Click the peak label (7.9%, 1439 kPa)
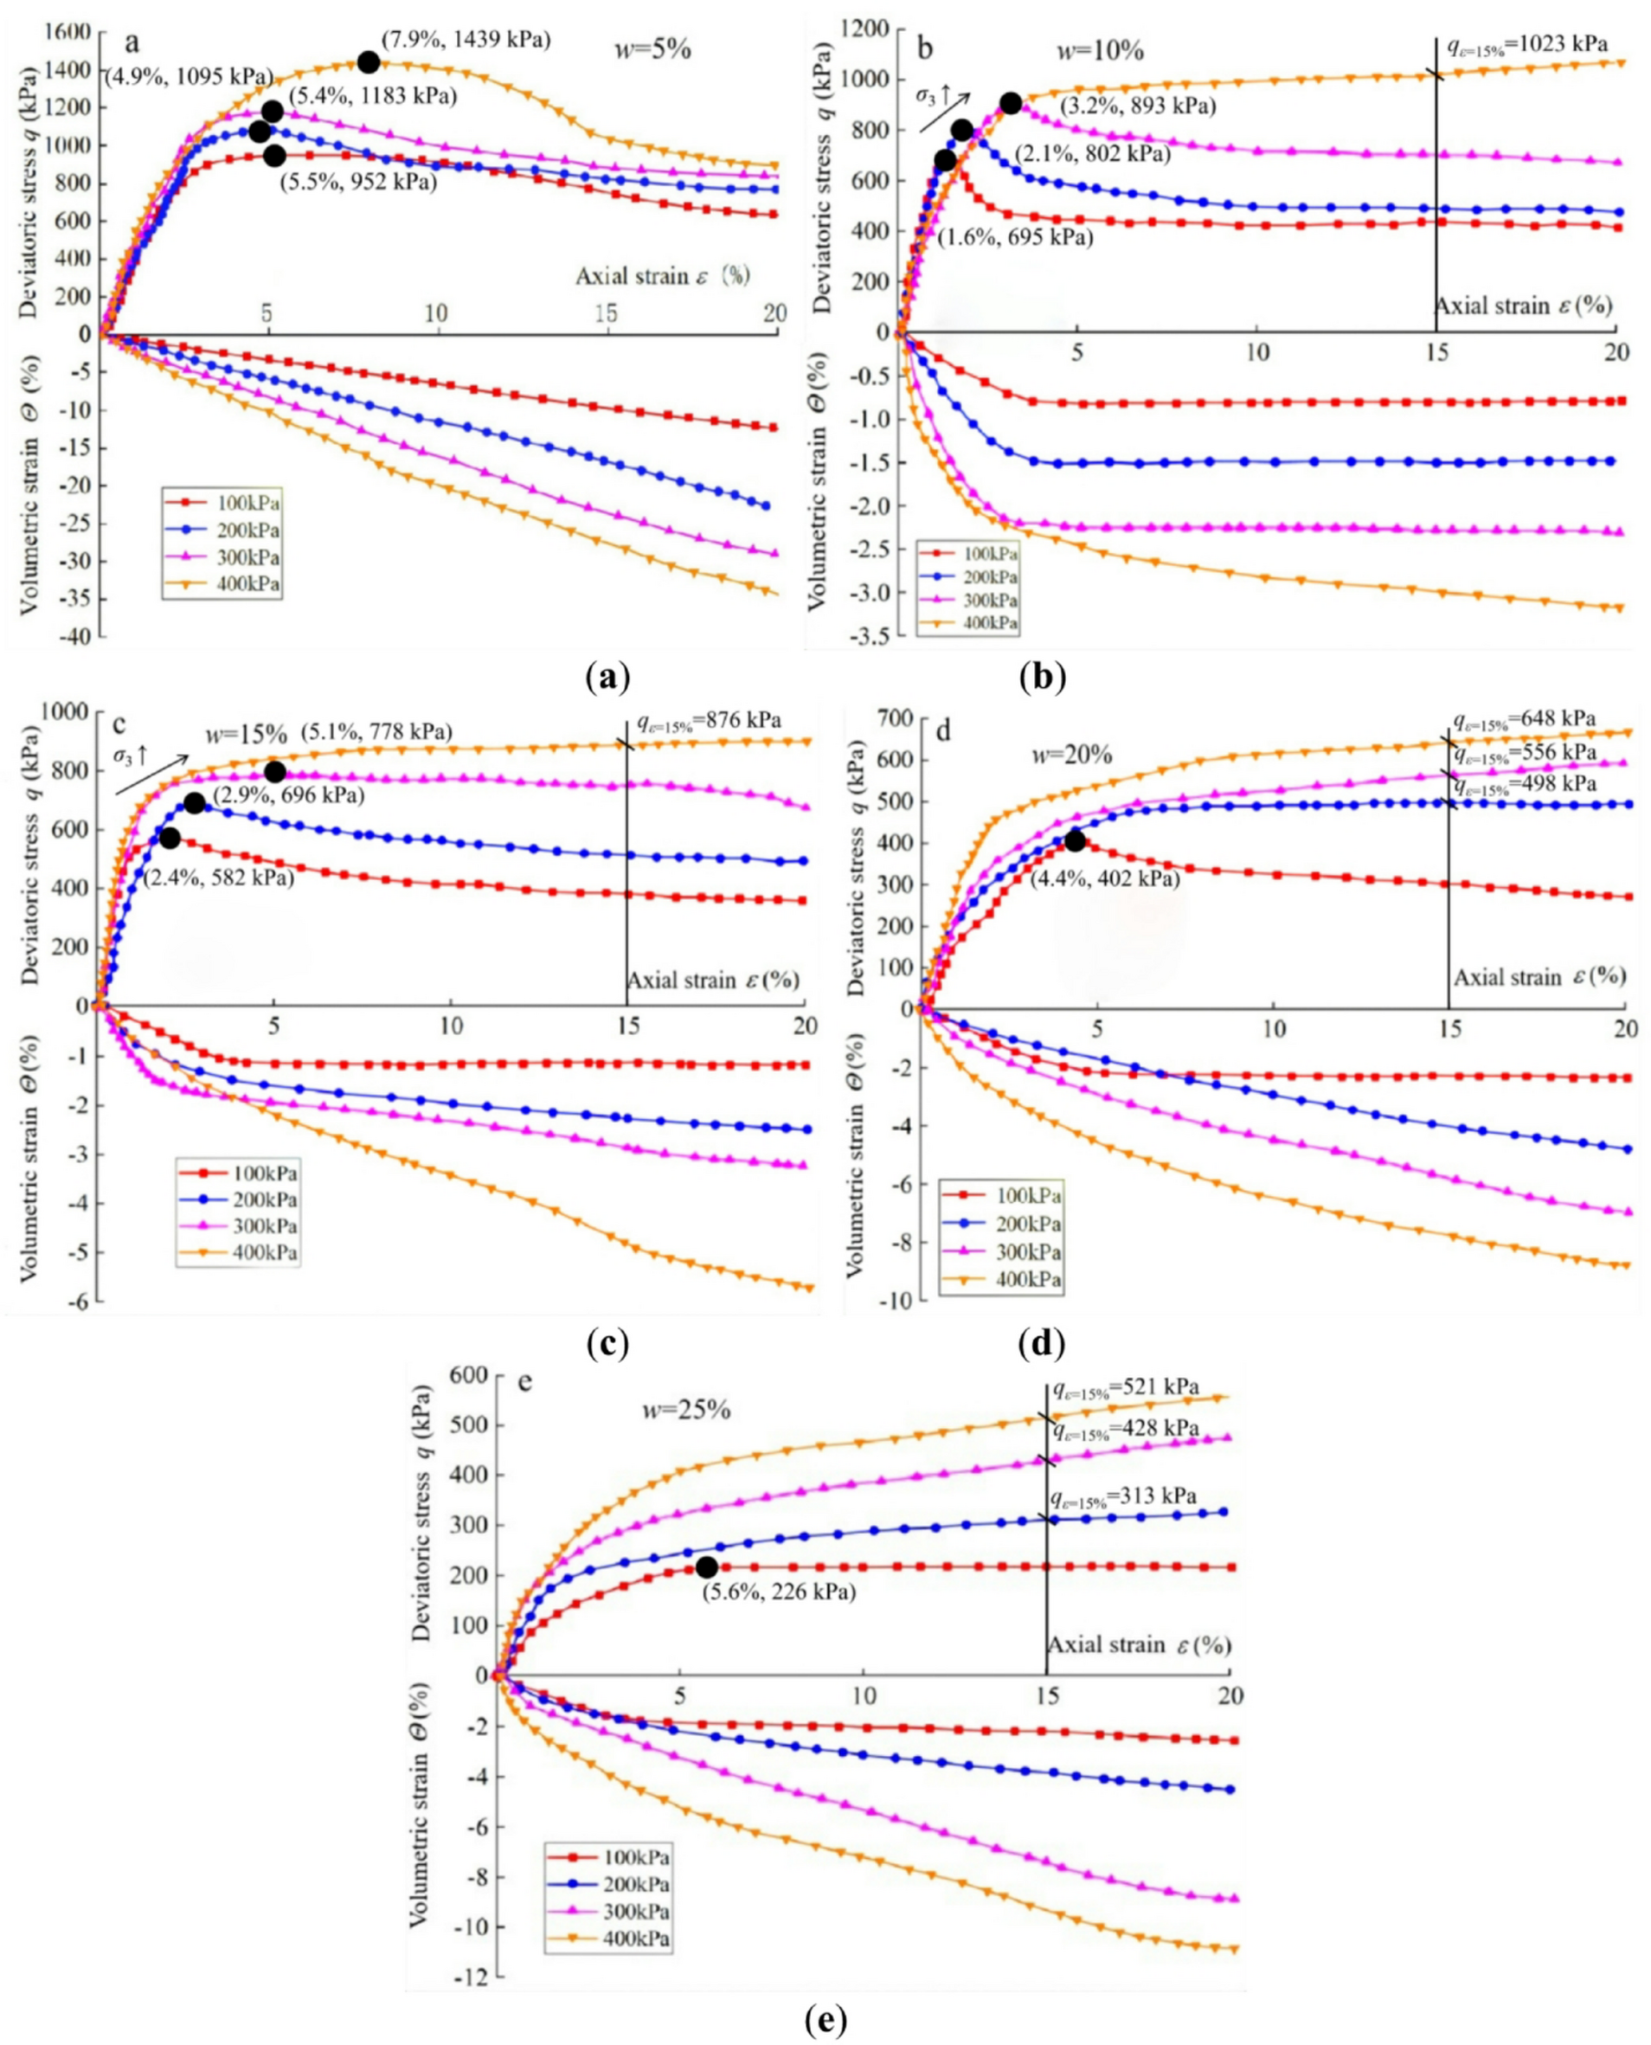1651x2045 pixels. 466,41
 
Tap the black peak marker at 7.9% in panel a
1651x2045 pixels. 369,61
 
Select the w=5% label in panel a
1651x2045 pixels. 653,48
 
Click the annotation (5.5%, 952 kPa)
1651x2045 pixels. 357,181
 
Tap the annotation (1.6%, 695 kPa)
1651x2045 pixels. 1015,237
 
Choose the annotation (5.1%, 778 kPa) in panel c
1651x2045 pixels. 376,731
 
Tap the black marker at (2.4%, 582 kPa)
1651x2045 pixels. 170,838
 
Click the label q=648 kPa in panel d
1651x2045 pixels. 1523,720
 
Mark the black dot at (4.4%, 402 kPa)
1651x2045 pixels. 1075,841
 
